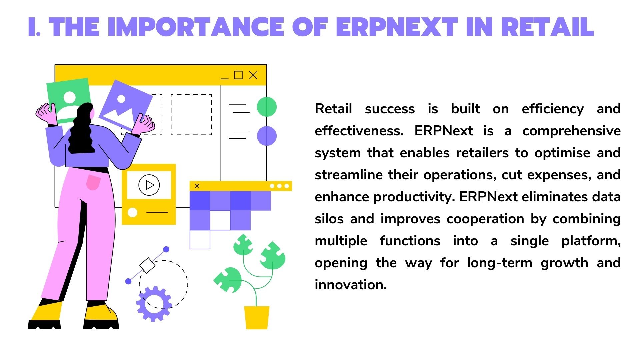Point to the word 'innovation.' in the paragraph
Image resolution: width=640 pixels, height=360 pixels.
(351, 285)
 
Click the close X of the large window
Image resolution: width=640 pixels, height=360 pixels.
(253, 75)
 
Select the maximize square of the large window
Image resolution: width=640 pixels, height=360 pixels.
(238, 75)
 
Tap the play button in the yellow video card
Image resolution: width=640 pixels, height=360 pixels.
(149, 185)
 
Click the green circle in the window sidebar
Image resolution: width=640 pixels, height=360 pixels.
(267, 107)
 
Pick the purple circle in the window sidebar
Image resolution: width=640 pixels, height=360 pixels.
(267, 136)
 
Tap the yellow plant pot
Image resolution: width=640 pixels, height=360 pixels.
(256, 317)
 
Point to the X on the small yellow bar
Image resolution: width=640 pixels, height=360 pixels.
(197, 186)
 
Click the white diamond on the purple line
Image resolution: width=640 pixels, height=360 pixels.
(147, 265)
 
